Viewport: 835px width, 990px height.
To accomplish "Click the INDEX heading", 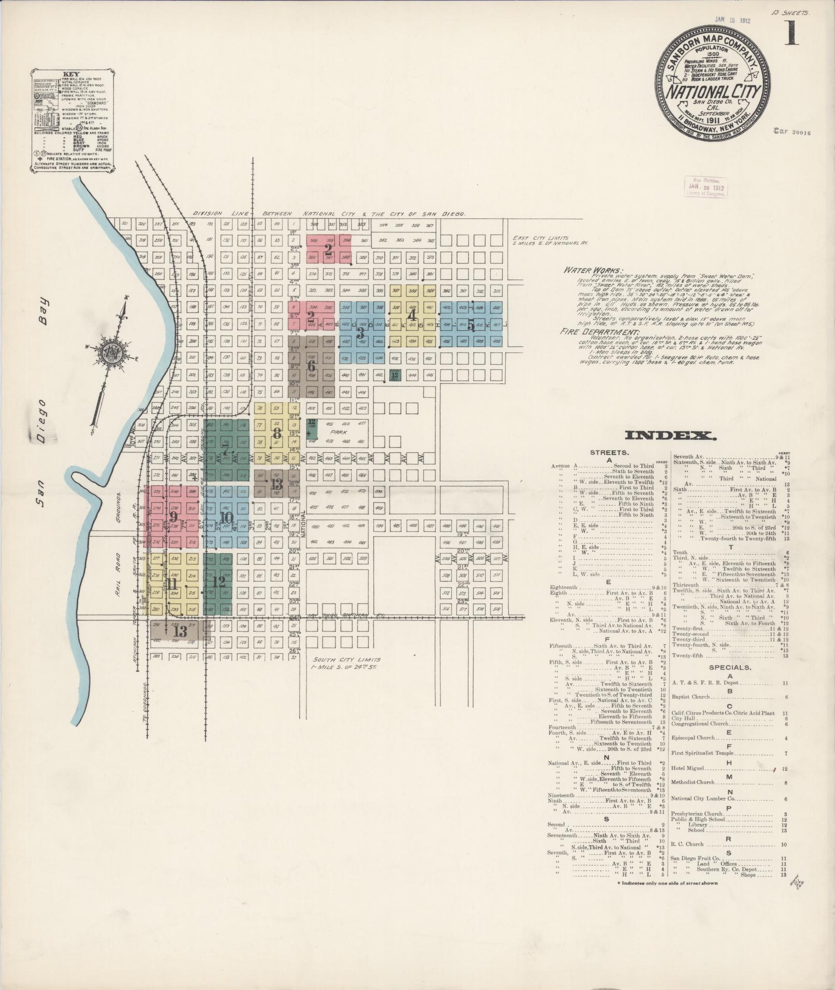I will point(670,436).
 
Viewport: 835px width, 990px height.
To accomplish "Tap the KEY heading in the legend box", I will point(71,73).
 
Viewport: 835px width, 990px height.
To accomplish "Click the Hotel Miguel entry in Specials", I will point(689,769).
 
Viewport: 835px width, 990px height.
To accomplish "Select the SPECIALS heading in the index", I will point(730,667).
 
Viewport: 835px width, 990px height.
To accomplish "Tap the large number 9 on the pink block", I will point(173,516).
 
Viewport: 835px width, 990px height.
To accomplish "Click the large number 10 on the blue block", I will point(226,518).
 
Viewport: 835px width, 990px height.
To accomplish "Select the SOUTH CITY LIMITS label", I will point(347,660).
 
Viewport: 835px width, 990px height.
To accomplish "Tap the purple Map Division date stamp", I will point(706,186).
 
